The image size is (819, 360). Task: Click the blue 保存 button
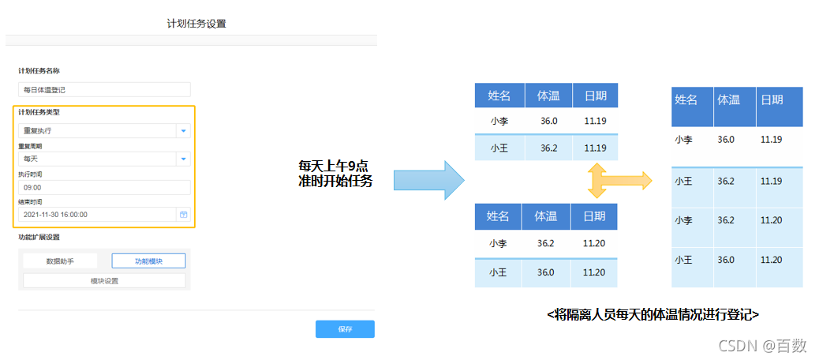coord(345,329)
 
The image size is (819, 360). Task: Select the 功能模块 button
coord(148,261)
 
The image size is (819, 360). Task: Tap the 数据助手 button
coord(60,261)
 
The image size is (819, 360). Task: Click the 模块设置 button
coord(104,280)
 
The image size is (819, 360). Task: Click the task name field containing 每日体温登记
coord(104,89)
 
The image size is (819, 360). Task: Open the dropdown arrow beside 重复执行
coord(183,131)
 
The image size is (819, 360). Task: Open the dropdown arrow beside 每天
coord(183,159)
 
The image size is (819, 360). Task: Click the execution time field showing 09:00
coord(104,187)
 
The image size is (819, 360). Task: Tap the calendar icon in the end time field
coord(183,214)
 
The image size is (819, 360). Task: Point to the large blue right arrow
coord(428,181)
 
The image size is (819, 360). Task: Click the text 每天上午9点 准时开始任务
coord(335,174)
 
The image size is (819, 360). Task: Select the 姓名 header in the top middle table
coord(499,96)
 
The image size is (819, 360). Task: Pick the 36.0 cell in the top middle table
coord(549,122)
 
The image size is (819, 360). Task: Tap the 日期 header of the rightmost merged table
coord(772,99)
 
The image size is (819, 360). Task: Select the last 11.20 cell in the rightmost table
coord(772,260)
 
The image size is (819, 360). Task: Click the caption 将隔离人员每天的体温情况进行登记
coord(653,314)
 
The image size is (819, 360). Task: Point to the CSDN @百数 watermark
coord(772,344)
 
